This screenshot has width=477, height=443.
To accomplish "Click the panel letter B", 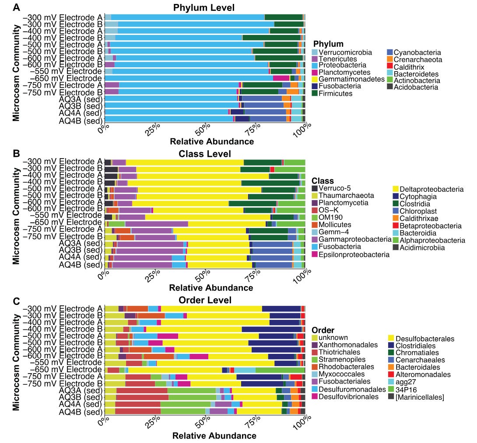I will pos(16,154).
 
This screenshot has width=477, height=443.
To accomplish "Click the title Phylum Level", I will pos(203,8).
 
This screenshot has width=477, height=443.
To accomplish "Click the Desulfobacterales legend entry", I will pos(424,339).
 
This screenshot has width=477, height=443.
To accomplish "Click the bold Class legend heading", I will pos(323,181).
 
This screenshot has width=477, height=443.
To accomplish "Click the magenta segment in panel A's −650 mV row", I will pos(281,78).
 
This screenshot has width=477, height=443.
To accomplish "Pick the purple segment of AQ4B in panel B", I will pos(142,265).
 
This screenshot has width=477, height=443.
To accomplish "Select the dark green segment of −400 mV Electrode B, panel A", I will pos(271,38).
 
